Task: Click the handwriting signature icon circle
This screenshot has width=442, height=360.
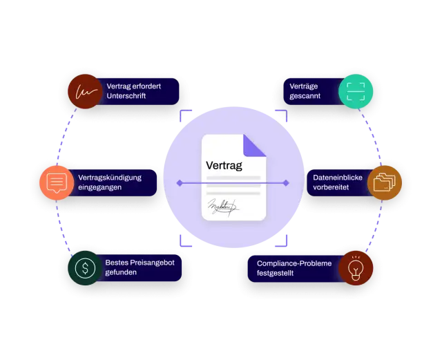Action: click(85, 91)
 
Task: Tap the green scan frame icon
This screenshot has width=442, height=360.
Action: click(356, 91)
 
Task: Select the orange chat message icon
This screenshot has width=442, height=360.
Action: click(57, 183)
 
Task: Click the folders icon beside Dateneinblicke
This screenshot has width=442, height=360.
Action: click(385, 183)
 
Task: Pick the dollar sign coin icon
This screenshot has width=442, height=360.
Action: click(85, 268)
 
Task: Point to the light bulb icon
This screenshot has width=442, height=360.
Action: click(356, 268)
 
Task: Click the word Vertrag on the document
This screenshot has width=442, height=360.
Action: click(224, 166)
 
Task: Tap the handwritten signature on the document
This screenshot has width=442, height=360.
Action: click(222, 207)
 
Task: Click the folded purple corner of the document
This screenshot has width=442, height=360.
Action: click(255, 146)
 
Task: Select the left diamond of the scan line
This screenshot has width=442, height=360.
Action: click(180, 183)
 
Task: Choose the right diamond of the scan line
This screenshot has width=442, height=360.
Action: click(286, 183)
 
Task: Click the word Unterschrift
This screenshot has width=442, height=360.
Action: click(126, 96)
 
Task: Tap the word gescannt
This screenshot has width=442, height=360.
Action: click(305, 96)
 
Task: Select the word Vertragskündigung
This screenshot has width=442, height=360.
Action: click(110, 178)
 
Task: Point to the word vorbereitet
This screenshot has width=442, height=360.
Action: click(331, 187)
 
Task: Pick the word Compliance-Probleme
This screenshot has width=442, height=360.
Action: click(294, 263)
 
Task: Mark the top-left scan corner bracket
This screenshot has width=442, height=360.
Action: click(186, 115)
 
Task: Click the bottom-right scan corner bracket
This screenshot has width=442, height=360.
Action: click(281, 240)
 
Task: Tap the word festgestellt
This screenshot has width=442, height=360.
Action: click(275, 273)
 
